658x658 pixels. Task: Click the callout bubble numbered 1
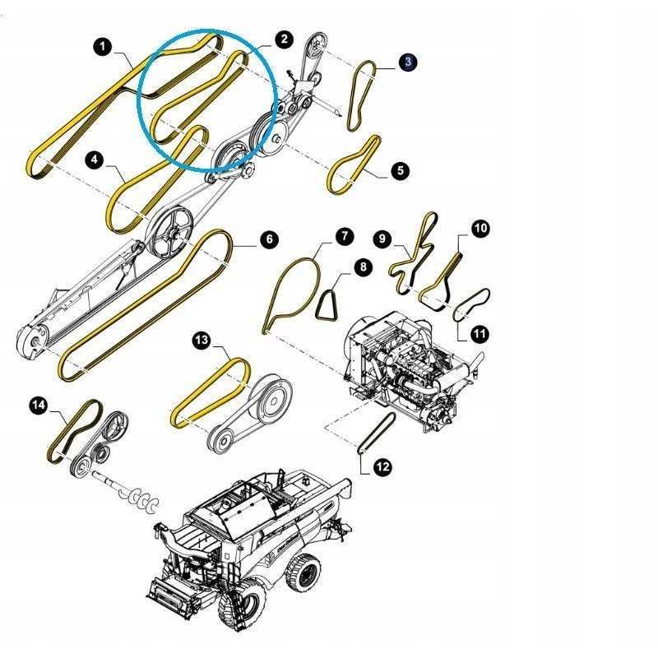(x=103, y=47)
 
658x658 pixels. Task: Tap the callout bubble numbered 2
(x=285, y=39)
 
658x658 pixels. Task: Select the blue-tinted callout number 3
(x=408, y=63)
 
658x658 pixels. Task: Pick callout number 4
(x=95, y=160)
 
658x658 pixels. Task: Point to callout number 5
(x=400, y=171)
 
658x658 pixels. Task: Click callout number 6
(x=269, y=239)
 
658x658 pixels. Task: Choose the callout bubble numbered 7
(x=344, y=236)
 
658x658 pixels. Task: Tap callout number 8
(x=363, y=267)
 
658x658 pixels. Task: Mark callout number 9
(x=382, y=239)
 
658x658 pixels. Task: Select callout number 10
(x=480, y=229)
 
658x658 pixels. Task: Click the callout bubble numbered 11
(x=480, y=334)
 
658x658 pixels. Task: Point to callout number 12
(x=382, y=466)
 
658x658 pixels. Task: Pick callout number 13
(x=202, y=340)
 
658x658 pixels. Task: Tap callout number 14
(x=39, y=405)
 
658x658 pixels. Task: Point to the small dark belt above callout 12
(x=378, y=433)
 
